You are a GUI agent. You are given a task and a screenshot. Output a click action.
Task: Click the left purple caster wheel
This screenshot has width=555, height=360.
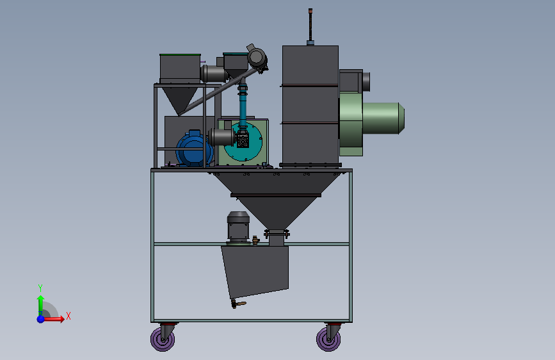pyautogui.click(x=163, y=340)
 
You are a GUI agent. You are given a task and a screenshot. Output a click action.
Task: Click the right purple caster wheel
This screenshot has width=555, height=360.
pyautogui.click(x=328, y=340)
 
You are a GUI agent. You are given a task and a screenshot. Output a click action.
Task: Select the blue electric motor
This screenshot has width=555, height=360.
pyautogui.click(x=194, y=149)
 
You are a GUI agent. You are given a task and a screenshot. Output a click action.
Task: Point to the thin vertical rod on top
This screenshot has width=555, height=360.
pyautogui.click(x=310, y=25)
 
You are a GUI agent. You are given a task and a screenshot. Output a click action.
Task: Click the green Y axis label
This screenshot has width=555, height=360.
pyautogui.click(x=40, y=288)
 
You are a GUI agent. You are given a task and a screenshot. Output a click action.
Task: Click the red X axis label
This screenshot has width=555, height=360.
pyautogui.click(x=68, y=316)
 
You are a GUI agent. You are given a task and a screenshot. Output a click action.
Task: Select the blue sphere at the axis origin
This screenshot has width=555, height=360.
pyautogui.click(x=41, y=319)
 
